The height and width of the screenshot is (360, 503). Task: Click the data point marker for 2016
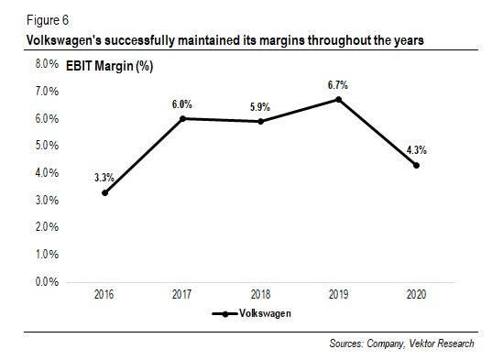104,192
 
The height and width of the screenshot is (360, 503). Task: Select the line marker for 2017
182,118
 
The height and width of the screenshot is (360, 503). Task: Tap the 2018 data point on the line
261,121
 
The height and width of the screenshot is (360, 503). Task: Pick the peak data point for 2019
339,99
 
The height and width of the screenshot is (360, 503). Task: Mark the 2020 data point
418,165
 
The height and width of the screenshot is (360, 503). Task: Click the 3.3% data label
104,177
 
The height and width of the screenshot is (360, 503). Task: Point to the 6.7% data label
339,84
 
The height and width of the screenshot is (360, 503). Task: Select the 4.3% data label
418,149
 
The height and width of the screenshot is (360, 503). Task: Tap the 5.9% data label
261,106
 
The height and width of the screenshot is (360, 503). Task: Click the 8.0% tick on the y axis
47,65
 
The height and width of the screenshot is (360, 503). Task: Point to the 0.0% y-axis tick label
47,281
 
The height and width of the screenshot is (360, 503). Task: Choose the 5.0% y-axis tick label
47,147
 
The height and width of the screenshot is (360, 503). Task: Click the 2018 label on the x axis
261,295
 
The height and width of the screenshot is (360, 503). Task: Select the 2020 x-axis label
418,295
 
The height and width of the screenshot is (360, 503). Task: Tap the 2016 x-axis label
104,295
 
